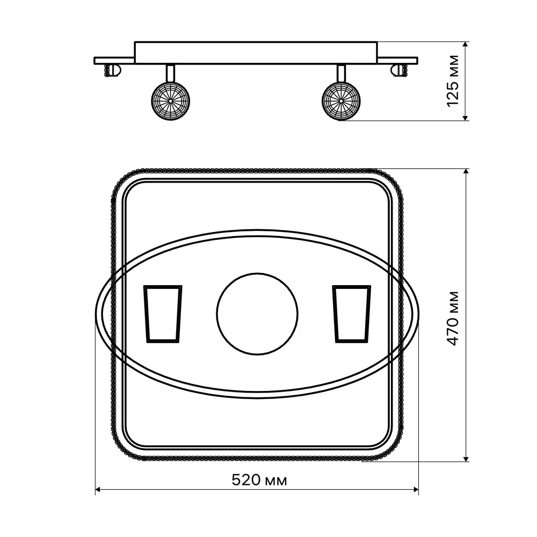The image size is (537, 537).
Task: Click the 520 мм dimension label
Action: pos(259,480)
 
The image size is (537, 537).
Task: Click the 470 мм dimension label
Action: pos(453,318)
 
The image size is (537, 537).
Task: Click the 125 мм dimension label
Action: pos(453,81)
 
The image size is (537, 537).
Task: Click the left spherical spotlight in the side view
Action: pos(171,101)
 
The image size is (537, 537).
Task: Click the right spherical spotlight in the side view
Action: pos(341,101)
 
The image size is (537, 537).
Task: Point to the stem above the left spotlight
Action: pos(171,73)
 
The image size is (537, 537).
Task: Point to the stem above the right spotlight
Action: pos(341,73)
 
